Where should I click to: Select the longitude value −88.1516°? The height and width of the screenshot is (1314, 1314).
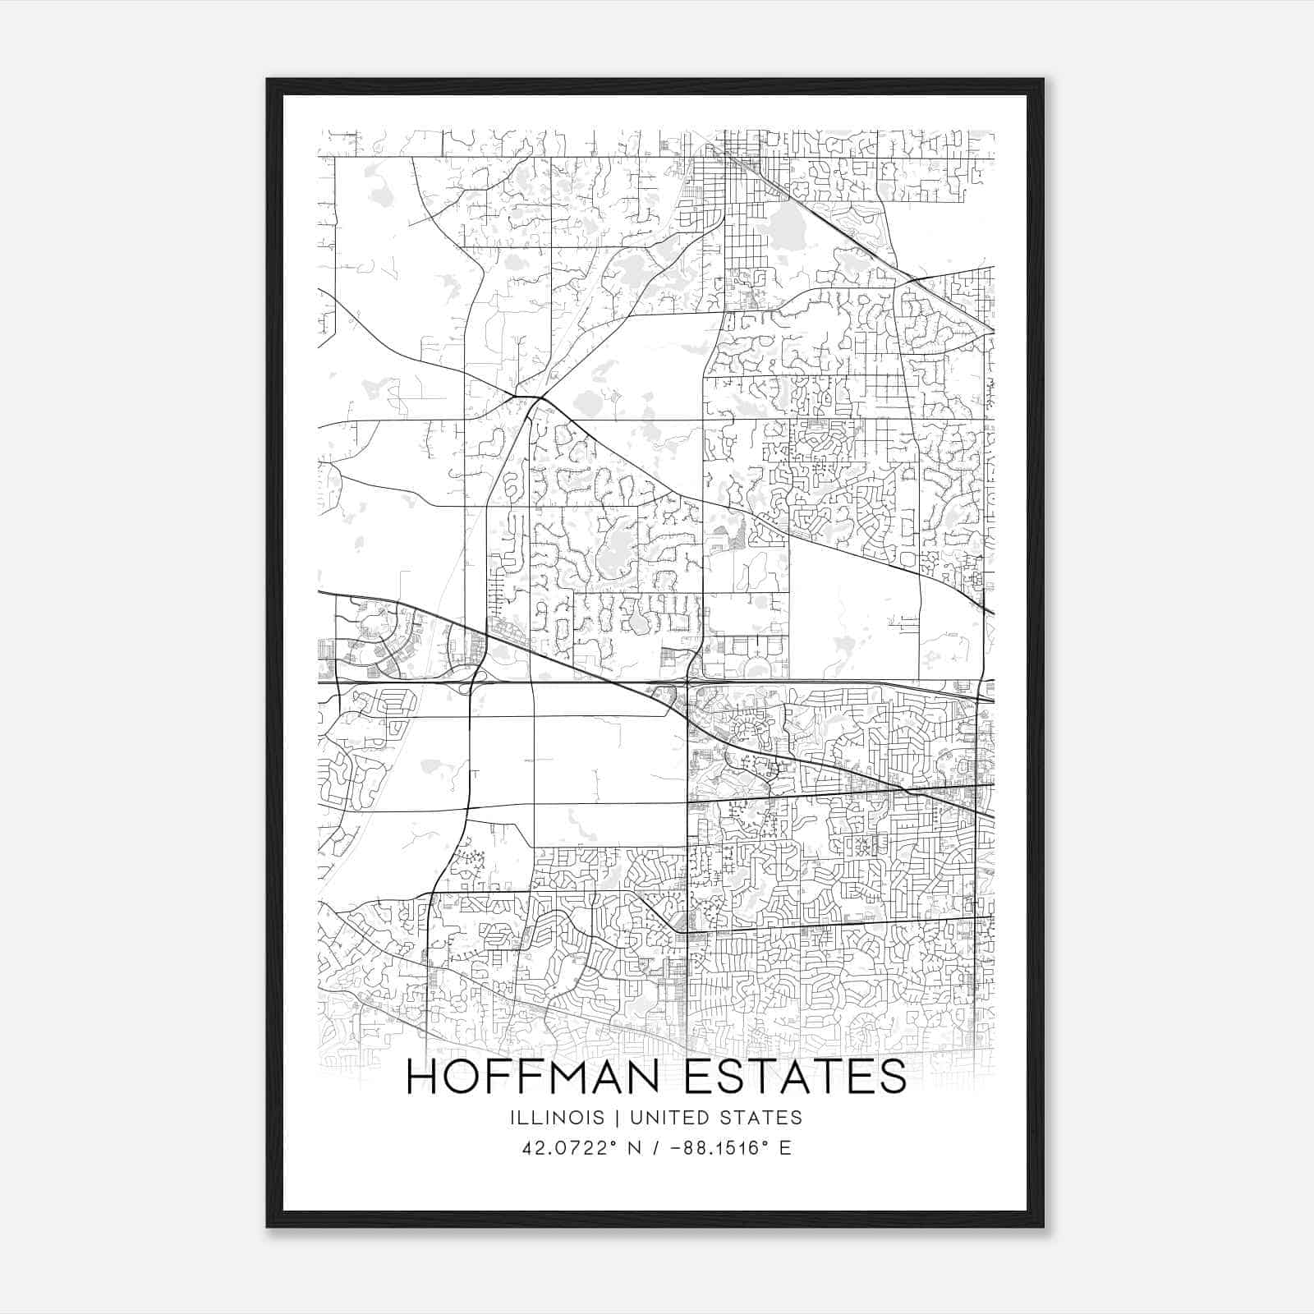pyautogui.click(x=717, y=1148)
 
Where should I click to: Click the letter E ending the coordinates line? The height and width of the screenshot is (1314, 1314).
pyautogui.click(x=786, y=1148)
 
